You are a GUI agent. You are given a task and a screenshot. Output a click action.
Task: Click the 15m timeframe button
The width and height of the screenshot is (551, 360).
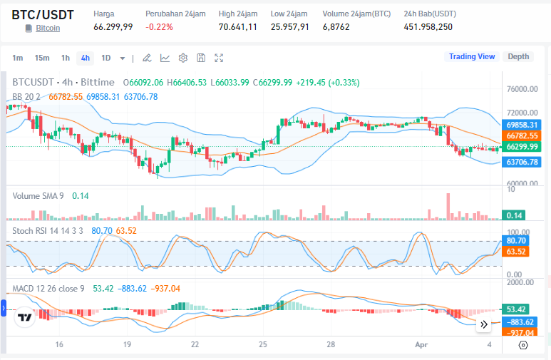tap(42, 58)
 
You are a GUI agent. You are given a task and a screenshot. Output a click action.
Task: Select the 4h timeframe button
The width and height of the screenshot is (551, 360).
tap(86, 58)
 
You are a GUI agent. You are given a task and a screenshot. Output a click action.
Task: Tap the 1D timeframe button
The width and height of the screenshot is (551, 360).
tap(105, 58)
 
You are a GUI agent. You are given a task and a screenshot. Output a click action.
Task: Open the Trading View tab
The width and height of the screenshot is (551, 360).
tap(471, 56)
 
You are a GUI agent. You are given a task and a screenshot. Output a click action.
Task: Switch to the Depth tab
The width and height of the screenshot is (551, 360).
tap(518, 56)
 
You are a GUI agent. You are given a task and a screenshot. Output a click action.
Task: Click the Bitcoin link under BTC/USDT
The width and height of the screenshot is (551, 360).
tap(48, 28)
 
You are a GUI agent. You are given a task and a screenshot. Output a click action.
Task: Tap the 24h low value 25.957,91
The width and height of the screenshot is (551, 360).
tap(289, 27)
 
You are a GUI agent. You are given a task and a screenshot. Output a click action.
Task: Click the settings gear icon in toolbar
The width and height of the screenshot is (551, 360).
tap(183, 58)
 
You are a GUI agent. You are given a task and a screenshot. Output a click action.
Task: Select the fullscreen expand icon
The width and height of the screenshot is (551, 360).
tap(219, 58)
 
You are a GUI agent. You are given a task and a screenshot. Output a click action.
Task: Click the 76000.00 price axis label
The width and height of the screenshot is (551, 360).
tap(522, 90)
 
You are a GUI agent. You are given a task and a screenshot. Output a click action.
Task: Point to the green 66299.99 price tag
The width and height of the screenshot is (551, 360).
tap(522, 147)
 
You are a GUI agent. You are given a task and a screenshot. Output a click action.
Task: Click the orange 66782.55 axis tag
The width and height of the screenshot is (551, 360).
tap(522, 135)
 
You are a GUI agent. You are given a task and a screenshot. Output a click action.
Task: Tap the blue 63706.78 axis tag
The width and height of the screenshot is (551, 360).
tap(522, 163)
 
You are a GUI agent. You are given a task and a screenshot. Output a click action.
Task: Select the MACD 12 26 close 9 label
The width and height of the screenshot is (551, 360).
tap(48, 289)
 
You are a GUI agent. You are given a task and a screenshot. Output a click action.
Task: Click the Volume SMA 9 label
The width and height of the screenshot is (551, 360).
tap(38, 195)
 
